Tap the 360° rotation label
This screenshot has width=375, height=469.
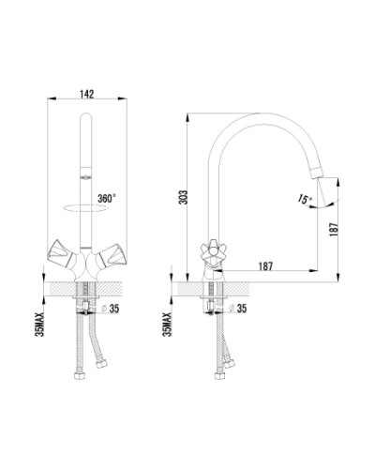107,198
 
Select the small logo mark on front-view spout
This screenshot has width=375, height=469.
86,177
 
